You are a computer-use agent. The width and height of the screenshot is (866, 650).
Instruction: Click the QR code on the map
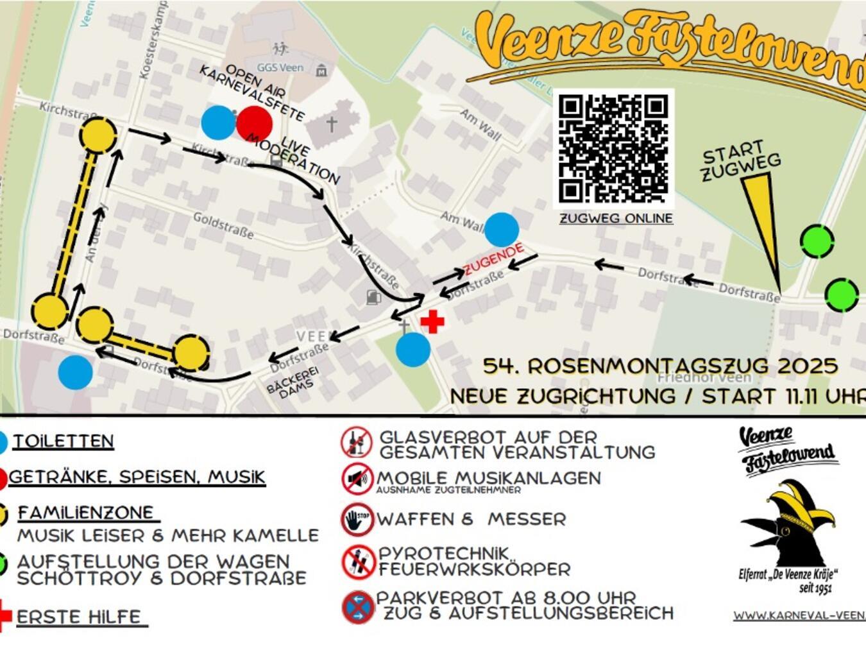613,148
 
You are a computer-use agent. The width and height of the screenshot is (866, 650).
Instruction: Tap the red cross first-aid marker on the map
432,321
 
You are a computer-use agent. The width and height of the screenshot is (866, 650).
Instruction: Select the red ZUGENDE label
493,259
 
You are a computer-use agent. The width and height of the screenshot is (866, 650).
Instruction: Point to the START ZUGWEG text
740,161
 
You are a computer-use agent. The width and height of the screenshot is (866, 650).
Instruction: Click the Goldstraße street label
223,225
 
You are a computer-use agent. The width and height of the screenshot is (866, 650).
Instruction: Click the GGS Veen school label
280,67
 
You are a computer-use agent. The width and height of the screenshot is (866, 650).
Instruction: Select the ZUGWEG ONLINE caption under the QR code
616,218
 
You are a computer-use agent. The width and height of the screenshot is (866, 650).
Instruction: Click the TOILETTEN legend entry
64,441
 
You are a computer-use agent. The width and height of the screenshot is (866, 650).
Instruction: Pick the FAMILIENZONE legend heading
85,513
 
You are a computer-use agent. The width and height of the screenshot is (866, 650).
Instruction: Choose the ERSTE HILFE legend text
79,617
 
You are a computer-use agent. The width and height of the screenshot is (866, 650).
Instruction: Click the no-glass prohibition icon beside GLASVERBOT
357,442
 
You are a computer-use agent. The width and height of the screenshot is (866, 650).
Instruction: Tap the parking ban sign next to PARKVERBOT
358,607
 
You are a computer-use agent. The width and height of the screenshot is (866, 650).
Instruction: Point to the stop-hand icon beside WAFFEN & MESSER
357,519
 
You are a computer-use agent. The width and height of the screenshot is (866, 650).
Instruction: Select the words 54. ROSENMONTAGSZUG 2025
660,366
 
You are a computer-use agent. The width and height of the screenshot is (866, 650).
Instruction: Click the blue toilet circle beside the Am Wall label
502,229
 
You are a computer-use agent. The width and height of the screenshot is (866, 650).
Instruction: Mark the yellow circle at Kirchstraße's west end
98,135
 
